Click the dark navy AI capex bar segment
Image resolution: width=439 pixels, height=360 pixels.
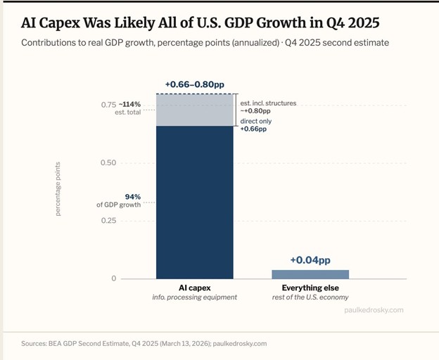tap(194, 204)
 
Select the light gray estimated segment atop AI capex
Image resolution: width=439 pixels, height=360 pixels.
tap(194, 110)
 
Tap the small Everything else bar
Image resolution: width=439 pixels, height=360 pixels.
tap(310, 274)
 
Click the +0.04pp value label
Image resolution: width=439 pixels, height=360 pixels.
tap(310, 260)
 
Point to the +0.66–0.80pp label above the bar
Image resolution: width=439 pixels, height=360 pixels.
tap(194, 86)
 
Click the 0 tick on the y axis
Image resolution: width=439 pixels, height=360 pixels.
tap(113, 279)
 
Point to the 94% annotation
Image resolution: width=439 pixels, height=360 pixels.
tap(133, 196)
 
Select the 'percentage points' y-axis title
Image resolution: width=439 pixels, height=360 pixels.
tap(58, 188)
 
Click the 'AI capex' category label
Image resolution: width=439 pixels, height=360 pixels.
tap(194, 288)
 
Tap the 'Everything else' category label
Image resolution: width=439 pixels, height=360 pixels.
tap(310, 288)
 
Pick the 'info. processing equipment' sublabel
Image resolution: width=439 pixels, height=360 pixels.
tap(194, 297)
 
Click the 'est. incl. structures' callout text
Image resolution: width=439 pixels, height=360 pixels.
tap(269, 103)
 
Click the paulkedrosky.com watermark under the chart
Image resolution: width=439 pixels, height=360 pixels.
tap(374, 309)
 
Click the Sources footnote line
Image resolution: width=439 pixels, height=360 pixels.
tap(144, 344)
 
